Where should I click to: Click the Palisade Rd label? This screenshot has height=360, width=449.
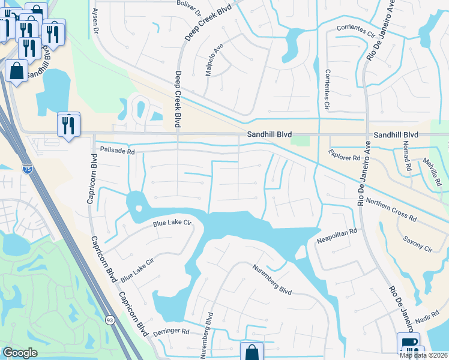coord(117,151)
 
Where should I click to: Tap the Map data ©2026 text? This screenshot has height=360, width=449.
coord(423,355)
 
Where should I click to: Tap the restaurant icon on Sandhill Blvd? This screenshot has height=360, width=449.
coord(68,125)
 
